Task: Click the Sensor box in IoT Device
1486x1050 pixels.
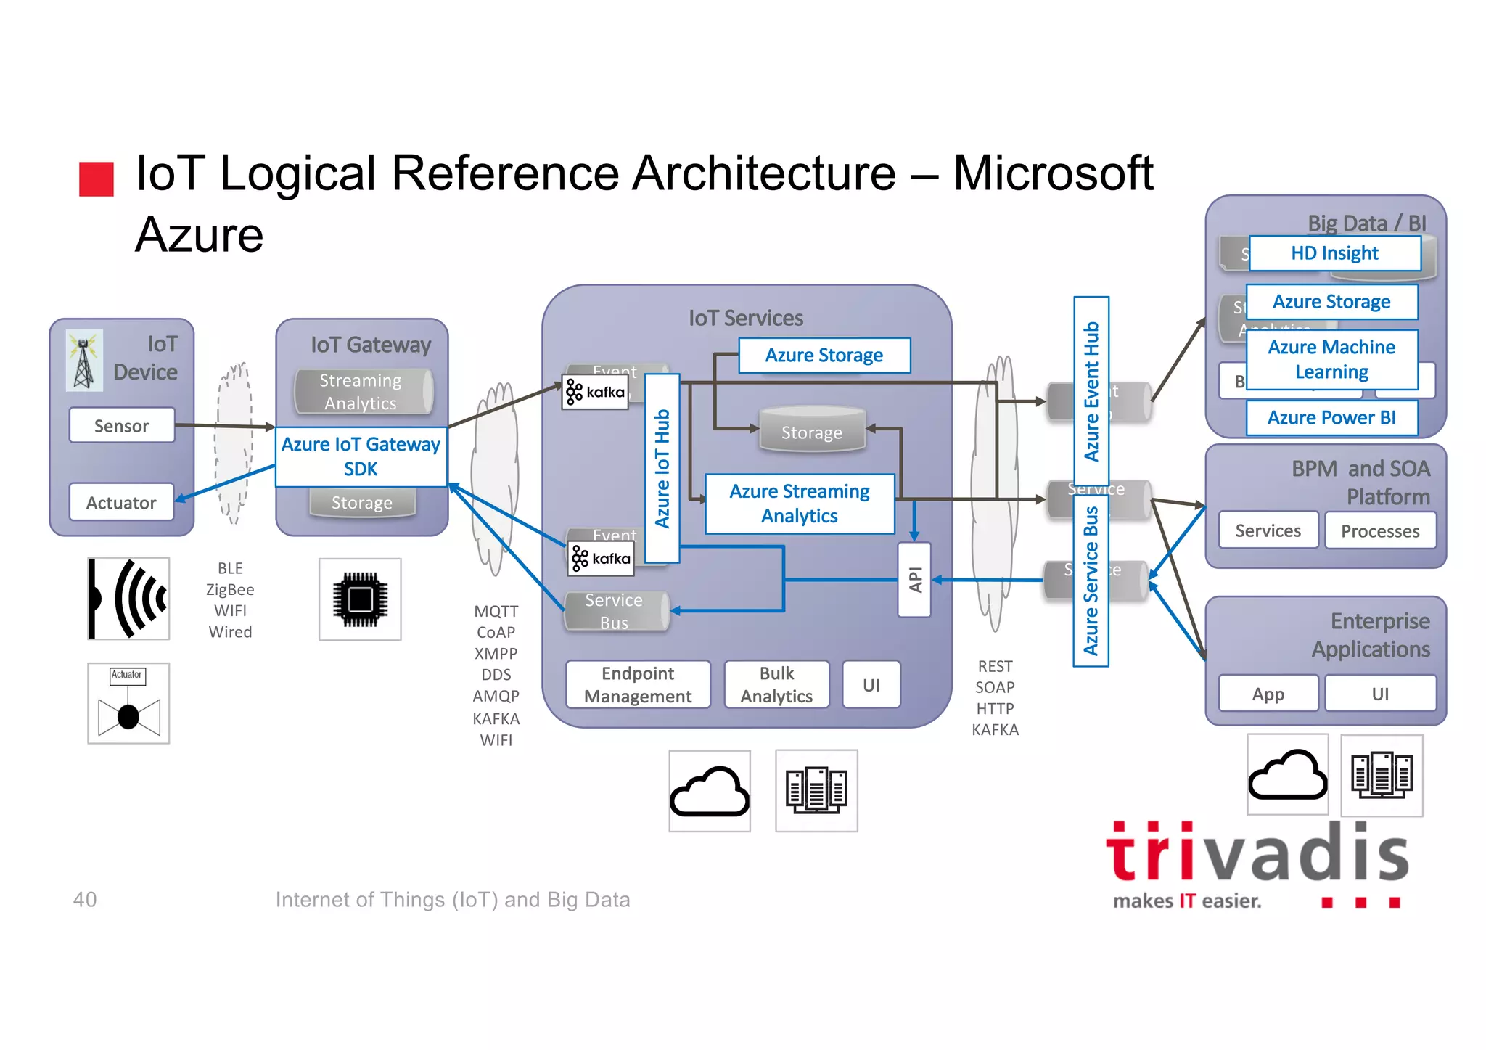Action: point(122,425)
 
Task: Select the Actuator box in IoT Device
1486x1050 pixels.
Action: point(122,502)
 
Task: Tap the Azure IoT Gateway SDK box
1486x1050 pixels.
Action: point(361,456)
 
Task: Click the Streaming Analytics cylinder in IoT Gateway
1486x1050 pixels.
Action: point(361,392)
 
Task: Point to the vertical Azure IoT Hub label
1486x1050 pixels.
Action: point(662,468)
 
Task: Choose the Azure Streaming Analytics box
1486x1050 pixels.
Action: point(800,504)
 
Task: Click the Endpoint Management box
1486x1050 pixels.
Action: point(638,684)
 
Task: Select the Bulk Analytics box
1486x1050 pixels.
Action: point(776,684)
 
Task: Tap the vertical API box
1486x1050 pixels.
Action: point(914,580)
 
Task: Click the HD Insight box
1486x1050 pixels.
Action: point(1334,253)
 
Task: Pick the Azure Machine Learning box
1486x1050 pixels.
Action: point(1331,359)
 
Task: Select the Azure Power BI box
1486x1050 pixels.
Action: point(1331,418)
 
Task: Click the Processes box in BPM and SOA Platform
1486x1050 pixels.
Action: point(1380,531)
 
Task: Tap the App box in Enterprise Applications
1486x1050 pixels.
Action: point(1268,694)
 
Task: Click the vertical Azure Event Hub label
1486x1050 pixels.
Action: point(1091,391)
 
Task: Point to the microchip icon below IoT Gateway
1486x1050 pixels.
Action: point(360,599)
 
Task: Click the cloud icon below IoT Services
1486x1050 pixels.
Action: point(710,791)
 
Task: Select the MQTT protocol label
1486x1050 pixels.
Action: point(496,611)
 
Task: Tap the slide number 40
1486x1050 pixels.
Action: point(85,899)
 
